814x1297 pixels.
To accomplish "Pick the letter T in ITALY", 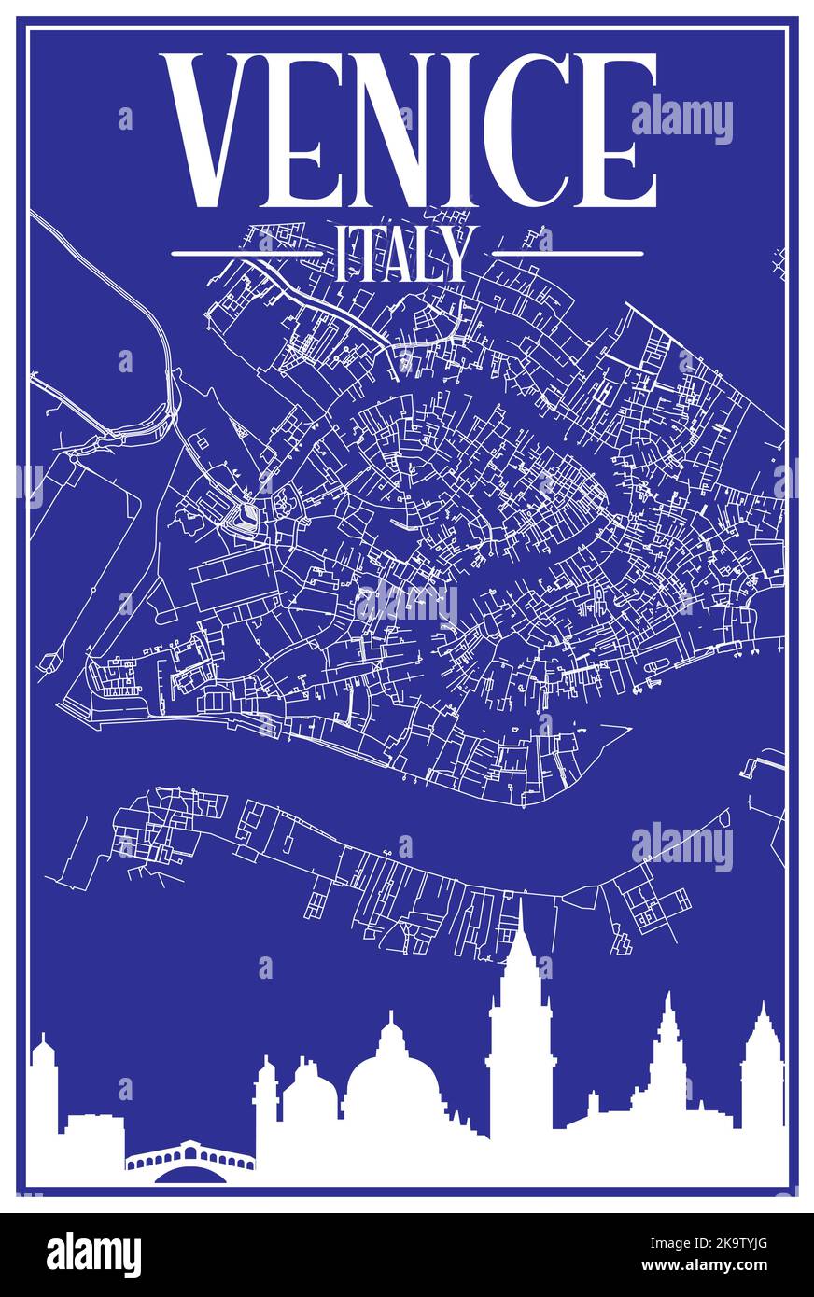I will pos(366,254).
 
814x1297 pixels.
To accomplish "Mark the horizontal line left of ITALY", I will pos(247,253).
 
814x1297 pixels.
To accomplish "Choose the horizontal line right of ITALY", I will pos(568,253).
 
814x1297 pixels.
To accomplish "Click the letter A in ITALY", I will pos(400,254).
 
